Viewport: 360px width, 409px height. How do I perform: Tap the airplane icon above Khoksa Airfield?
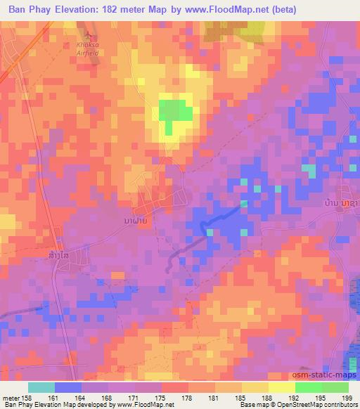pyautogui.click(x=88, y=34)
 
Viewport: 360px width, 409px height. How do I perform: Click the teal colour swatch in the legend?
pyautogui.click(x=41, y=387)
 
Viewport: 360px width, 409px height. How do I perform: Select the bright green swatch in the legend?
pyautogui.click(x=309, y=387)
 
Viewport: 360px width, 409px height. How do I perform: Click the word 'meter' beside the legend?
pyautogui.click(x=10, y=398)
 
